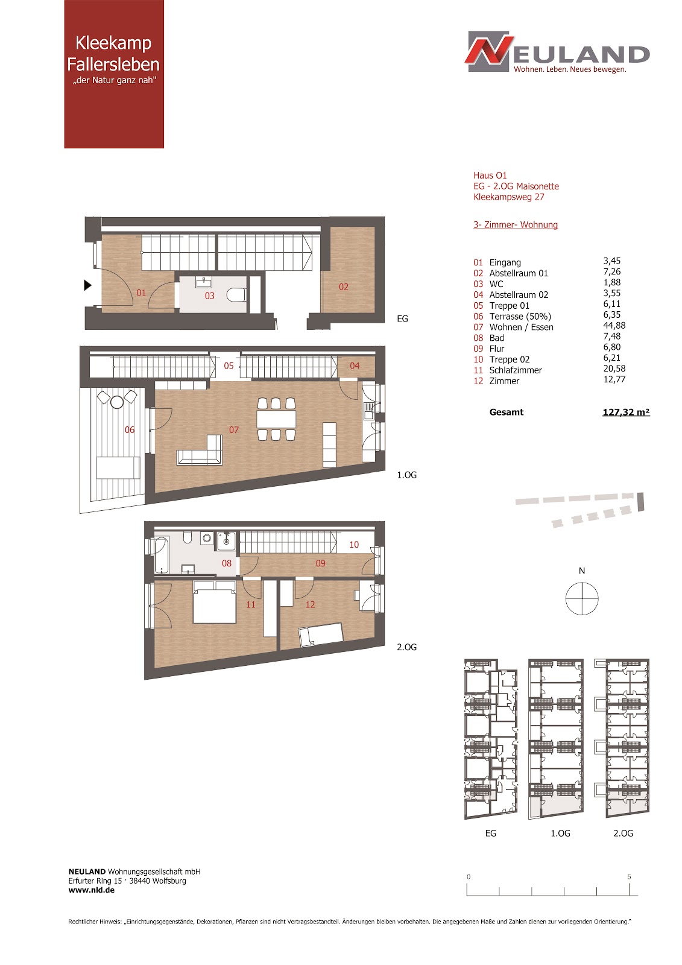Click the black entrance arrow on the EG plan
87,285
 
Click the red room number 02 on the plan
343,287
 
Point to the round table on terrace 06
117,402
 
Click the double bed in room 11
215,602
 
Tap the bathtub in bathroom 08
161,555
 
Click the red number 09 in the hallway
321,563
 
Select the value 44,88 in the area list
614,326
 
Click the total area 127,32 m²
626,413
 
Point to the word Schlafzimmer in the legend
516,370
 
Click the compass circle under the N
582,599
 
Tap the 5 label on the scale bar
629,877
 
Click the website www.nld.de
91,890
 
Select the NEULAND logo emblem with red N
489,51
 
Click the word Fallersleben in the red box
113,64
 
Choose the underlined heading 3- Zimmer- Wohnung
516,225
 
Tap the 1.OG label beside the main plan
406,475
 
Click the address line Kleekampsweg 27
509,197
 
